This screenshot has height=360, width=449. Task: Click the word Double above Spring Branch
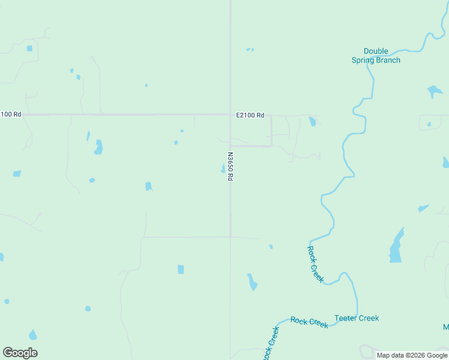[376, 52]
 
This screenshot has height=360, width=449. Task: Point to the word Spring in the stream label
[363, 60]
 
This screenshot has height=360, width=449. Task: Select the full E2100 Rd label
[250, 115]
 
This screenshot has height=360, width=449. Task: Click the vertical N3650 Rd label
[230, 166]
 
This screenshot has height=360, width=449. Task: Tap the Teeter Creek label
[357, 318]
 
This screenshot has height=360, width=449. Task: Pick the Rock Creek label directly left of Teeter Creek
[309, 322]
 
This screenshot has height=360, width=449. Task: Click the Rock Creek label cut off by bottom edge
[271, 343]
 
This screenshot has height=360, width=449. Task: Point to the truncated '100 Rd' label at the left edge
[11, 114]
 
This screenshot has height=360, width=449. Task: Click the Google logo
[20, 353]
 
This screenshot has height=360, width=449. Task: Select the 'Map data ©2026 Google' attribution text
[412, 355]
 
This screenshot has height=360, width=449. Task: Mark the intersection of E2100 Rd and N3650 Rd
[231, 114]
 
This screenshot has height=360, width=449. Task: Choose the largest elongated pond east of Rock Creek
[396, 246]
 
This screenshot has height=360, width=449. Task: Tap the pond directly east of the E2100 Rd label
[312, 121]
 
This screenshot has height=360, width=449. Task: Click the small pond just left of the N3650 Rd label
[223, 169]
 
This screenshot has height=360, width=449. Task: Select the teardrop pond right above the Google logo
[32, 335]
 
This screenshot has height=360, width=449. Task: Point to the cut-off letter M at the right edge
[446, 327]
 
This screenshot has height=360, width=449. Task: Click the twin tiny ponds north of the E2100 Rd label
[250, 49]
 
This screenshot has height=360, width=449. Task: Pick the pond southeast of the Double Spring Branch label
[435, 92]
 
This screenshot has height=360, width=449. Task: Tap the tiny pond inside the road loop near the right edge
[429, 125]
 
